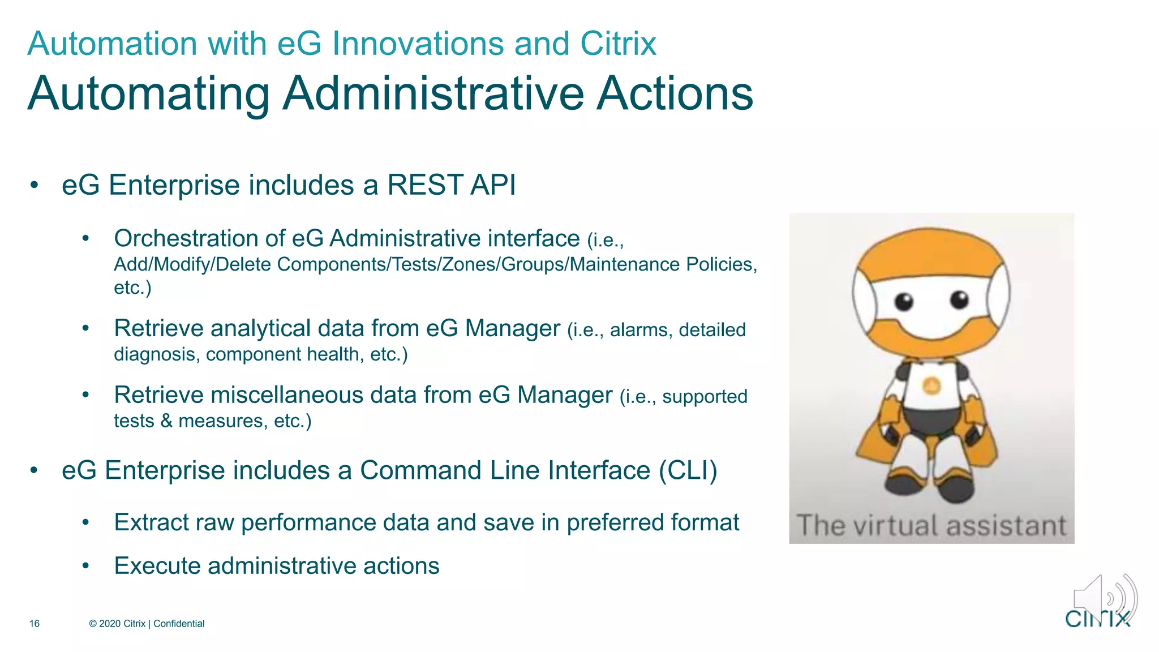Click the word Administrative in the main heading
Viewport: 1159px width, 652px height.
(x=433, y=93)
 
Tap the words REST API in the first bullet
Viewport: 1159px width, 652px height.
(x=451, y=185)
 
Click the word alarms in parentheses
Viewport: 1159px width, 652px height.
(x=641, y=329)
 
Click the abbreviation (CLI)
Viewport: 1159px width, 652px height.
(x=688, y=470)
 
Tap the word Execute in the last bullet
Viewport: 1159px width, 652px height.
(x=157, y=566)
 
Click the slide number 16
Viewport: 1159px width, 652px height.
(x=35, y=624)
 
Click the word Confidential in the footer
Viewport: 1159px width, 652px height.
(x=179, y=624)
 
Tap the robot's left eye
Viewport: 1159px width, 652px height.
(x=904, y=301)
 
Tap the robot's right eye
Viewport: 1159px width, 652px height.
(x=959, y=299)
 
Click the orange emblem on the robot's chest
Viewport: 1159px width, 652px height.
(x=932, y=387)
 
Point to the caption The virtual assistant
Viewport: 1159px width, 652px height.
(x=932, y=525)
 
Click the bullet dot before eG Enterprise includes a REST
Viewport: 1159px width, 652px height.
(x=35, y=186)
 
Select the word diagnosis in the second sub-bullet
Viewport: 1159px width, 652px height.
(x=154, y=354)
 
